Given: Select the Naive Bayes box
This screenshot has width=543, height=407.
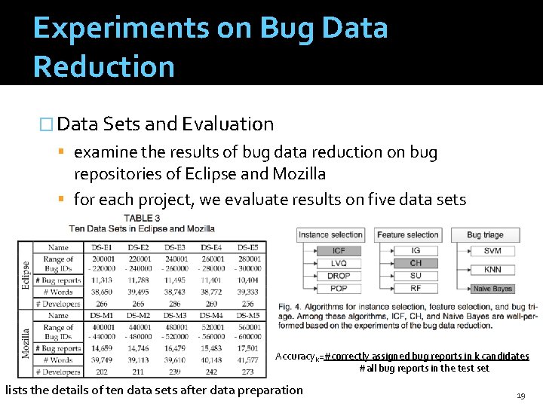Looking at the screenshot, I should (x=492, y=289).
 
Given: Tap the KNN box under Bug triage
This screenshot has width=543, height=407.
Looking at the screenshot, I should (x=492, y=270).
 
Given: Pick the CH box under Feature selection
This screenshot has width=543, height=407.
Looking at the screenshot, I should (x=416, y=263).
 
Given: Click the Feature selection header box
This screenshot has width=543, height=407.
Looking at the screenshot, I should (x=413, y=234).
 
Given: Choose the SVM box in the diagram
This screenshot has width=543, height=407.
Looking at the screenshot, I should (x=492, y=251).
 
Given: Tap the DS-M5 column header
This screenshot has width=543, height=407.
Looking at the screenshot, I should (x=248, y=316).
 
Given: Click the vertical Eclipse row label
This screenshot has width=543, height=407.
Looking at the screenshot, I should (x=26, y=276).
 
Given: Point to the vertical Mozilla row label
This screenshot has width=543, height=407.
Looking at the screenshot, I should (x=26, y=343).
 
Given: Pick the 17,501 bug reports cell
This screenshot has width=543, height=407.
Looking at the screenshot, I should (x=248, y=349).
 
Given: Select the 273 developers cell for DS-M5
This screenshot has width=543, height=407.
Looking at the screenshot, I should (x=248, y=372).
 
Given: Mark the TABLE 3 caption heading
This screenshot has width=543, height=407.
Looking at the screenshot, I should (x=142, y=218).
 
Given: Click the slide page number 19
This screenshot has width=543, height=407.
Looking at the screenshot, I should (x=520, y=395).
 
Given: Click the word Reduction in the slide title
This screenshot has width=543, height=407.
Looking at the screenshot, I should (x=104, y=66).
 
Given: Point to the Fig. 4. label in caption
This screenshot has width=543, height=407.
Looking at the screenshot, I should (x=290, y=307).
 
